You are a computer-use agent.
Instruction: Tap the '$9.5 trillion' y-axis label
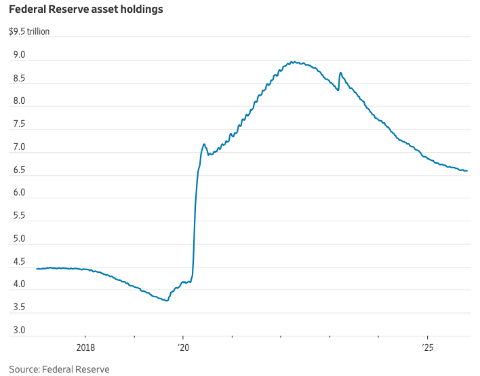(x=28, y=31)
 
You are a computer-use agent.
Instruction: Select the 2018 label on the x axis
(x=85, y=348)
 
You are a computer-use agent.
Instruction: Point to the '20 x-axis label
(x=183, y=348)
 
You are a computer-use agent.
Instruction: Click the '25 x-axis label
(x=427, y=348)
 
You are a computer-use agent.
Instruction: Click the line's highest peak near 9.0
(x=292, y=62)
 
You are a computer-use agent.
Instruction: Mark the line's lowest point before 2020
(x=167, y=301)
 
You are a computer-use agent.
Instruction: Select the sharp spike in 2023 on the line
(x=340, y=73)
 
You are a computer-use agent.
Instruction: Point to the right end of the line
(x=467, y=171)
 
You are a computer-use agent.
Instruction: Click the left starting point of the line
(x=37, y=269)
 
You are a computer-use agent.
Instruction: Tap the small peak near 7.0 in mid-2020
(x=203, y=144)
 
